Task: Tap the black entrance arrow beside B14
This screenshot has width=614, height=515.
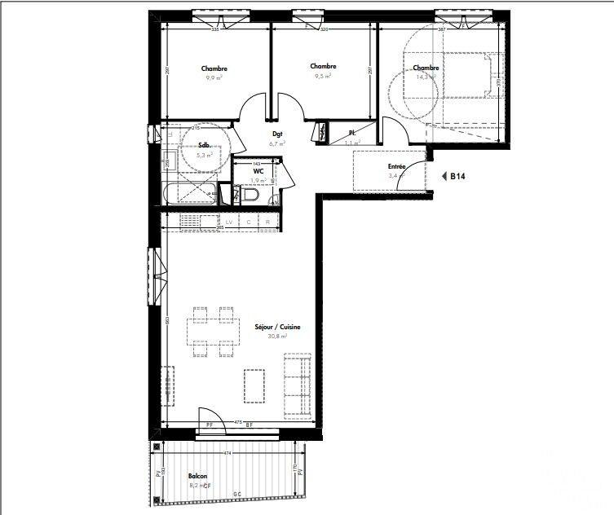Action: click(444, 175)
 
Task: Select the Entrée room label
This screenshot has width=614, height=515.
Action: click(397, 167)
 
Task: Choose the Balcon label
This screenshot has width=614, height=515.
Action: click(197, 477)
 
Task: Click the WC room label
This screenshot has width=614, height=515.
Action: click(258, 172)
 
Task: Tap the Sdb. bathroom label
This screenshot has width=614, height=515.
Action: click(205, 146)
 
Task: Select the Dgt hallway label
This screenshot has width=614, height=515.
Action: click(277, 135)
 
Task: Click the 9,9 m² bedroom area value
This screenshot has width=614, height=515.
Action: click(214, 78)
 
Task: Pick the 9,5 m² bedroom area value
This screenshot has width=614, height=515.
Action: click(323, 76)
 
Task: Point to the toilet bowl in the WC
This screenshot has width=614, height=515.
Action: click(248, 196)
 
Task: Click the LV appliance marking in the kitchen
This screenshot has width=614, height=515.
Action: click(229, 222)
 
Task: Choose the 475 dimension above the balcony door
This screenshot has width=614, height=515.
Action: click(236, 422)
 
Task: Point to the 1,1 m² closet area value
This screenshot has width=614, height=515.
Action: click(351, 143)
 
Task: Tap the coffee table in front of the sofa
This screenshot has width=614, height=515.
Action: click(254, 385)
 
